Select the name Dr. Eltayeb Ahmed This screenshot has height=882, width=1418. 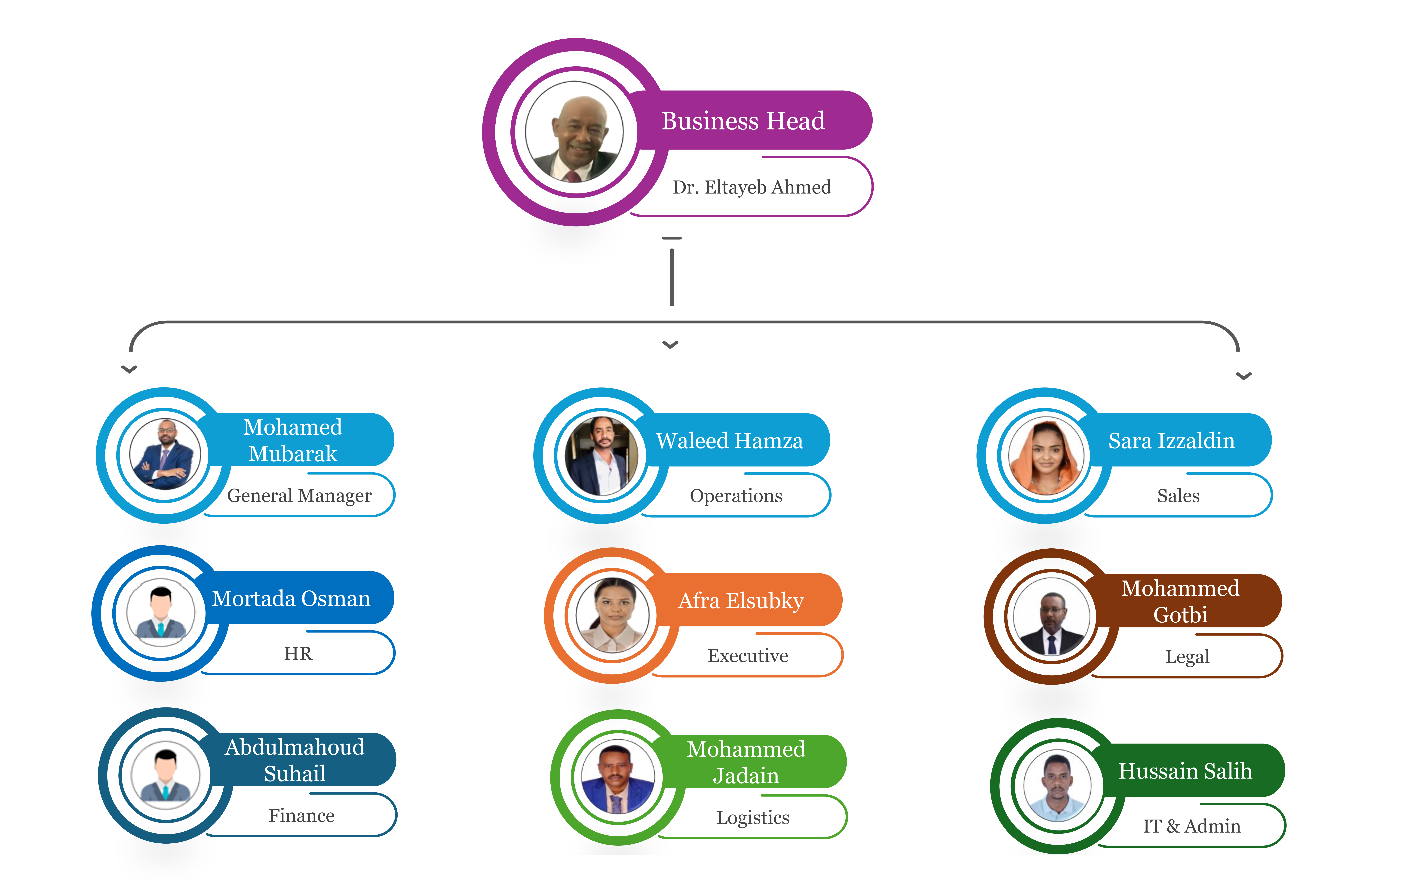point(751,187)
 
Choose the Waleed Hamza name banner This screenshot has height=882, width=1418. point(729,440)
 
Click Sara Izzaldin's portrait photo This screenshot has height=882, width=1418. point(1046,456)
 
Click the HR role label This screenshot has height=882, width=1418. point(298,653)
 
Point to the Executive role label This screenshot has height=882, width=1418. point(748,656)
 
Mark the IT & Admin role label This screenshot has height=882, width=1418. point(1191,826)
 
